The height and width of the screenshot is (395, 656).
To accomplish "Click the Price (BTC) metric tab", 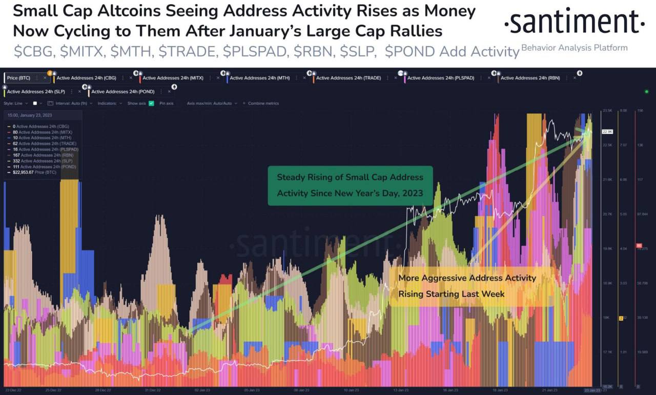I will (x=19, y=78).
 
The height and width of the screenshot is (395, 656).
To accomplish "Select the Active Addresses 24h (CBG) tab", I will (x=86, y=78).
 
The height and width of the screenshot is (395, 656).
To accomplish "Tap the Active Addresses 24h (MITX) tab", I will (x=173, y=78).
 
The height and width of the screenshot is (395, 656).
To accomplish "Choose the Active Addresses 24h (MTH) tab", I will (x=259, y=78).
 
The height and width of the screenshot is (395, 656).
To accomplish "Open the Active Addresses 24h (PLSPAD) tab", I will (x=440, y=78).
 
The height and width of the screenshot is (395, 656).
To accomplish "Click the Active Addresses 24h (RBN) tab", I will (x=530, y=78).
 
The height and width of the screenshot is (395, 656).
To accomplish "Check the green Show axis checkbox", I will (x=151, y=103).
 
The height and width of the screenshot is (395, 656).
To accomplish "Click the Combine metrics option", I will (x=263, y=103).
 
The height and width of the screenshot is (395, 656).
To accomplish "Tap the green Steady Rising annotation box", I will (x=350, y=185).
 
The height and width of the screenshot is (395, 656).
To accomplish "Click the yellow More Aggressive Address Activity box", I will (x=467, y=286).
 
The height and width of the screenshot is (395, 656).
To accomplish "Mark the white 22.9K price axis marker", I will (x=608, y=132).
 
